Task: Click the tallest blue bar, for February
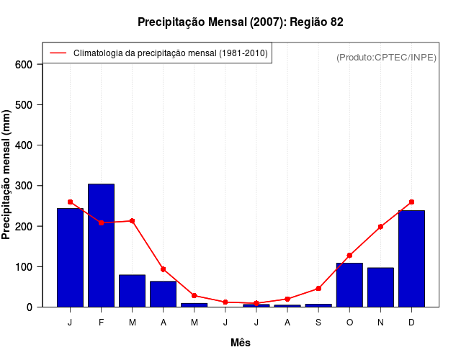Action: (x=101, y=245)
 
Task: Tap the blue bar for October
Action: (x=349, y=284)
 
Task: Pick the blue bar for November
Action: (x=380, y=287)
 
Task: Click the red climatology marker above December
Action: (x=411, y=202)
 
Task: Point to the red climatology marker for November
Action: (x=380, y=227)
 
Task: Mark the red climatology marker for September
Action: (x=318, y=289)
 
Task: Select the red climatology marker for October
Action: (x=349, y=256)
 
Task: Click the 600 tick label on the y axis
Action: (x=24, y=64)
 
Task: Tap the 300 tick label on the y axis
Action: (x=24, y=186)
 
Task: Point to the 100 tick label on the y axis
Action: (x=24, y=267)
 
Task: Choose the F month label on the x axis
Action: (x=101, y=323)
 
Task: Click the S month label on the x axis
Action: (x=318, y=323)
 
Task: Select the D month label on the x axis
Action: (x=411, y=323)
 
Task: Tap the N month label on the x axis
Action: (x=380, y=323)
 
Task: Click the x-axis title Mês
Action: (x=241, y=343)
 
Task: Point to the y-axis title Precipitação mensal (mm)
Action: (x=7, y=175)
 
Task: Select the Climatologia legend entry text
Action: (x=170, y=53)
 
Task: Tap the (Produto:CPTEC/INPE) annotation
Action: (x=386, y=58)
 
